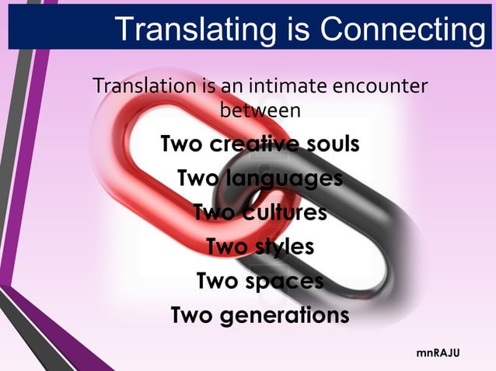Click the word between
[260, 110]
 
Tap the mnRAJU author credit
[438, 353]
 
